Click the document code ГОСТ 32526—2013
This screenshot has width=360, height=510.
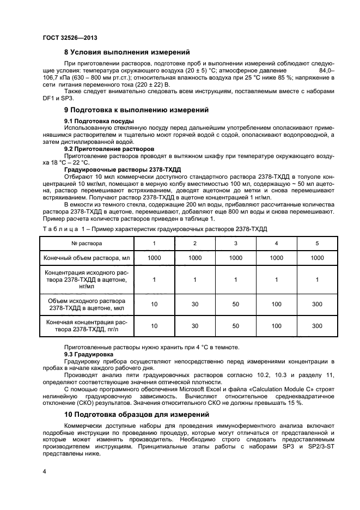click(65, 37)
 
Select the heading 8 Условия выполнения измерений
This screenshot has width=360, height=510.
click(127, 53)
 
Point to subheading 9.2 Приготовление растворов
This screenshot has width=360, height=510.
click(109, 149)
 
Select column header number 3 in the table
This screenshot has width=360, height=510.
click(235, 243)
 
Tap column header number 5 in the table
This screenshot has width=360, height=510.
click(317, 243)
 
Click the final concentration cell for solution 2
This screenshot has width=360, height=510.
click(194, 326)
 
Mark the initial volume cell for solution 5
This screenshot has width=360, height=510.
click(317, 303)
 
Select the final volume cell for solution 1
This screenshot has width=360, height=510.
click(154, 258)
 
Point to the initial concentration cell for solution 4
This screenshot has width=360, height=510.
click(276, 280)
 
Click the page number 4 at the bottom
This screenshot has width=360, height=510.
click(44, 470)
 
